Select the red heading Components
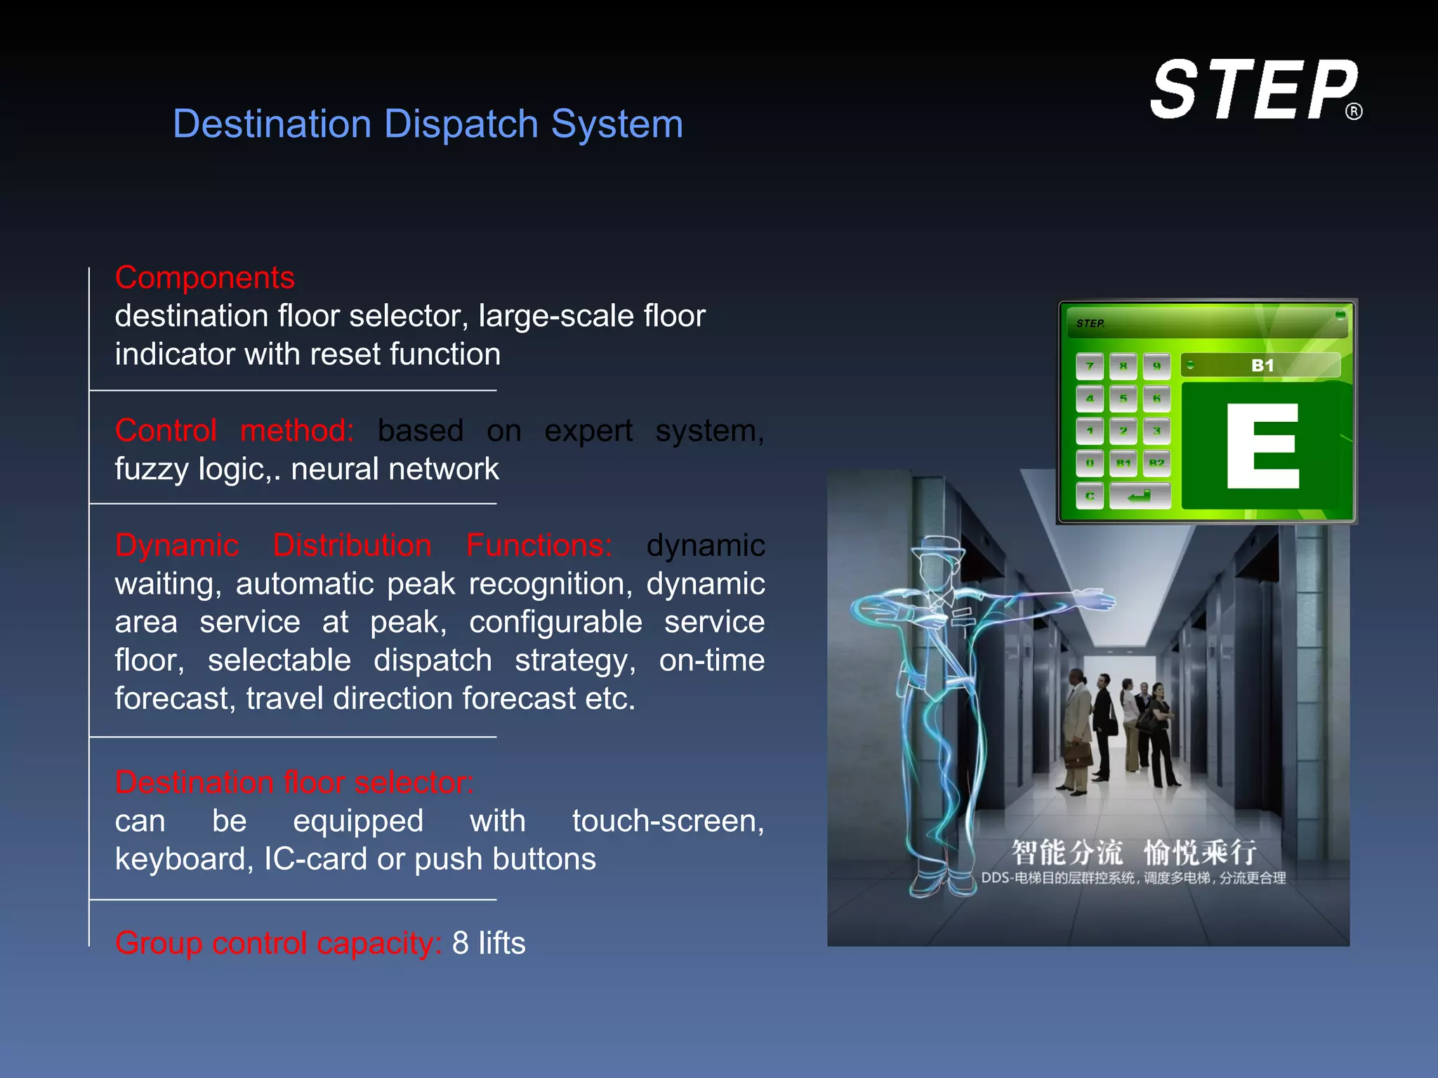(204, 278)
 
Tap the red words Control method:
(235, 430)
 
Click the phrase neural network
(395, 469)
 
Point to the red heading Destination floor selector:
(294, 782)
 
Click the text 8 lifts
(489, 943)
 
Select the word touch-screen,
(668, 820)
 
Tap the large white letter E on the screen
(1262, 446)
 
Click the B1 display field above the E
(1262, 366)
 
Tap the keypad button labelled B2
(1156, 463)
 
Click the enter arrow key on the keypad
(1139, 496)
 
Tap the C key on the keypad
(1090, 496)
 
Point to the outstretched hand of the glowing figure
(1095, 600)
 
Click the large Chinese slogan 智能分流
(1067, 853)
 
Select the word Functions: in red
(539, 545)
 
